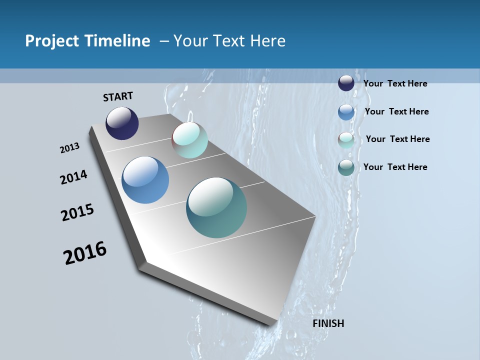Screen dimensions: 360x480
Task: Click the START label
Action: [118, 96]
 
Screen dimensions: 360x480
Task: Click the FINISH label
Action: [328, 323]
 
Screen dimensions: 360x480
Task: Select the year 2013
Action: [69, 148]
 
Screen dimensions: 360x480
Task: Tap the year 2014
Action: [74, 177]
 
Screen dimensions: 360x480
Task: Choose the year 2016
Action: [85, 253]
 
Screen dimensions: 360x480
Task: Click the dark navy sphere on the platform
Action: [122, 123]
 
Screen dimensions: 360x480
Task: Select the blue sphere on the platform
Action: [145, 180]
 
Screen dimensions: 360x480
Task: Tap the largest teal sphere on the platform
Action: [216, 207]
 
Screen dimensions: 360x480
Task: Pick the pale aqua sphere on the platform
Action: [189, 140]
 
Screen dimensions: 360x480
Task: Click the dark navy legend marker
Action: [346, 83]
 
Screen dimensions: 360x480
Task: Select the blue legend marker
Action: [346, 112]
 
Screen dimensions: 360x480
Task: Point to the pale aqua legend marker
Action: [346, 140]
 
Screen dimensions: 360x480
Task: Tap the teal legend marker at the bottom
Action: [346, 167]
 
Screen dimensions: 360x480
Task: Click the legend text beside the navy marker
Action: [395, 83]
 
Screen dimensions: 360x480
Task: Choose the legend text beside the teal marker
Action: [395, 167]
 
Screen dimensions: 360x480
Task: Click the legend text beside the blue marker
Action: [396, 111]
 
